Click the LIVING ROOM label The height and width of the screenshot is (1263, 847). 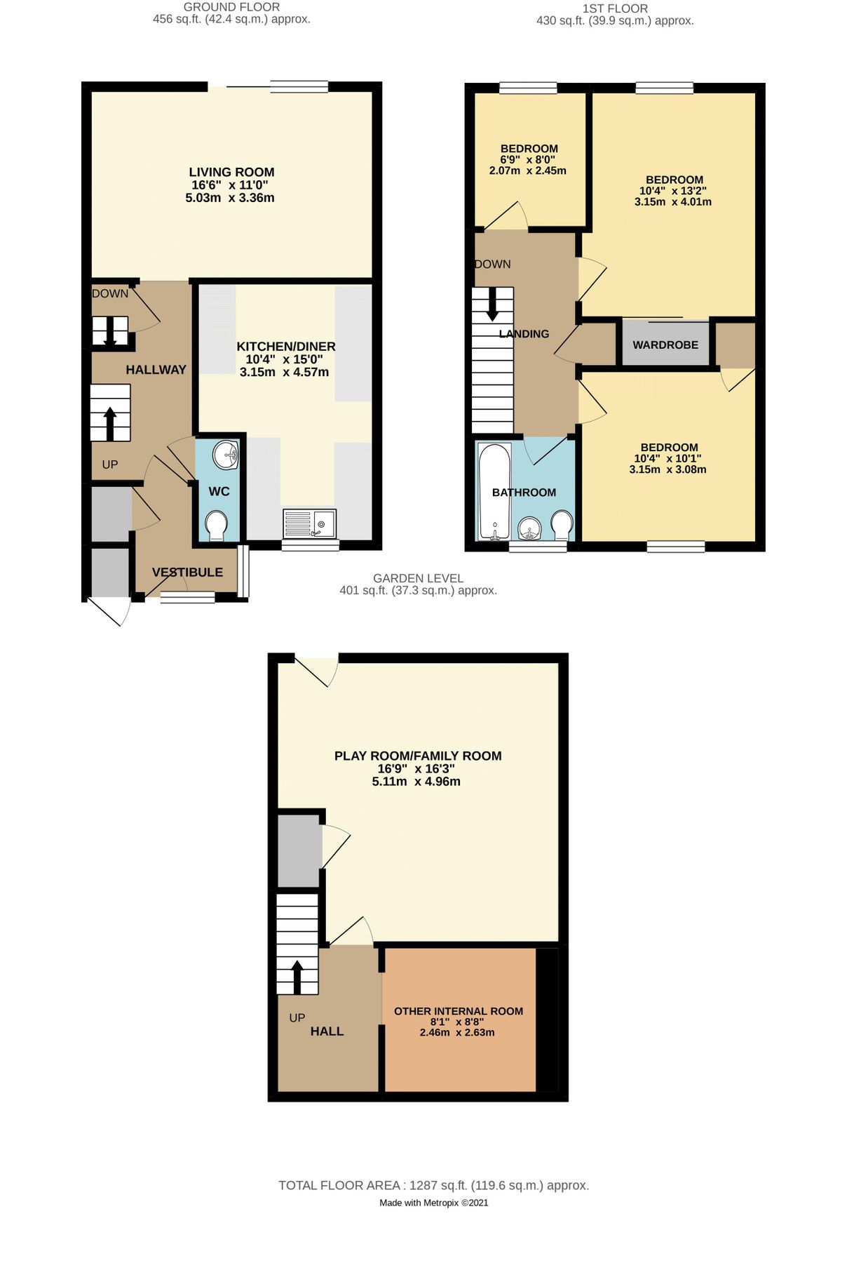[231, 172]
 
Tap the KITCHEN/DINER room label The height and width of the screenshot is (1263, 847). [285, 347]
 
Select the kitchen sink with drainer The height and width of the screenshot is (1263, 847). [309, 523]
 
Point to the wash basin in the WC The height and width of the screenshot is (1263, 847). [226, 455]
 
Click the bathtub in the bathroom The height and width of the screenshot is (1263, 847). [495, 491]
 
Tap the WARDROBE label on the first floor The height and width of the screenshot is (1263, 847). [665, 345]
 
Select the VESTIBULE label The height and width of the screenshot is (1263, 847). [187, 573]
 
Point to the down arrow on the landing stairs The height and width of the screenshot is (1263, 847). [492, 304]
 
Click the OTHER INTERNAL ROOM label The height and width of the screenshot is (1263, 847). [459, 1011]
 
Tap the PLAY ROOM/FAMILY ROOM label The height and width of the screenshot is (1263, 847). [418, 756]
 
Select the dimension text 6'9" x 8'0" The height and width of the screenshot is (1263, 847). [527, 160]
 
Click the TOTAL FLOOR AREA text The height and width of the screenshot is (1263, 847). [433, 1185]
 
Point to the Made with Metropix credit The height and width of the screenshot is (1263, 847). [433, 1203]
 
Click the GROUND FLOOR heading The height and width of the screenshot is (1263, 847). [231, 7]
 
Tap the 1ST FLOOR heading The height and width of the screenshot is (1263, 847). [615, 8]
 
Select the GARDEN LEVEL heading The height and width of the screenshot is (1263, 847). [418, 578]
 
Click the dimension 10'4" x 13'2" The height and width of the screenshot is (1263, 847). [672, 191]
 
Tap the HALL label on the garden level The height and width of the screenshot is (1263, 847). [327, 1031]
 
